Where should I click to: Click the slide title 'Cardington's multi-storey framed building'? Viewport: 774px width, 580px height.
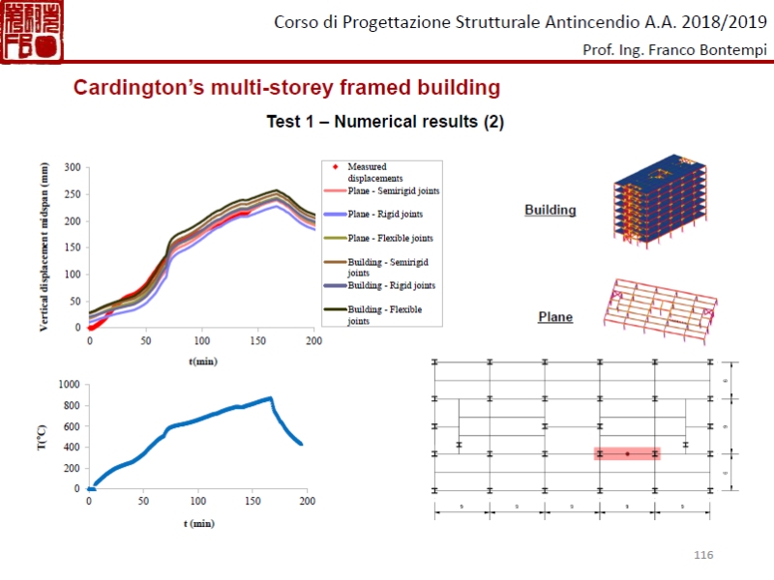287,88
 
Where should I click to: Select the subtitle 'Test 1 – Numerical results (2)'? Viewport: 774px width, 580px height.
385,123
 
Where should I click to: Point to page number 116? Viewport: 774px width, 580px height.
703,554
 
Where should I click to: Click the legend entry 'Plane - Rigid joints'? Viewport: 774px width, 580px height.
384,214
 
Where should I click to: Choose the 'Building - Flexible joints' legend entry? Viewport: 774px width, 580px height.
384,315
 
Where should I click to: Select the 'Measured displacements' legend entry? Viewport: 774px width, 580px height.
373,172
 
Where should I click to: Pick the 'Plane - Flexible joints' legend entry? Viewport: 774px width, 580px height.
384,238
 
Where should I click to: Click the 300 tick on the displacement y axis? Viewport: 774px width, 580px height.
73,167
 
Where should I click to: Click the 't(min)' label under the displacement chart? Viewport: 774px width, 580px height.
202,361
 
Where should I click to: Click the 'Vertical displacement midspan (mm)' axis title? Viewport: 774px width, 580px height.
45,247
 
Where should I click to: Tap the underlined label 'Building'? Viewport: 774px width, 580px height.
550,210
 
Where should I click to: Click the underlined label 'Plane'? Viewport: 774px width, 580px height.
555,317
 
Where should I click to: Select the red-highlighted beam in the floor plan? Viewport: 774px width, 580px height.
627,453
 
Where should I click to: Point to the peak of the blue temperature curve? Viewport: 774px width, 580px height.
270,397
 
